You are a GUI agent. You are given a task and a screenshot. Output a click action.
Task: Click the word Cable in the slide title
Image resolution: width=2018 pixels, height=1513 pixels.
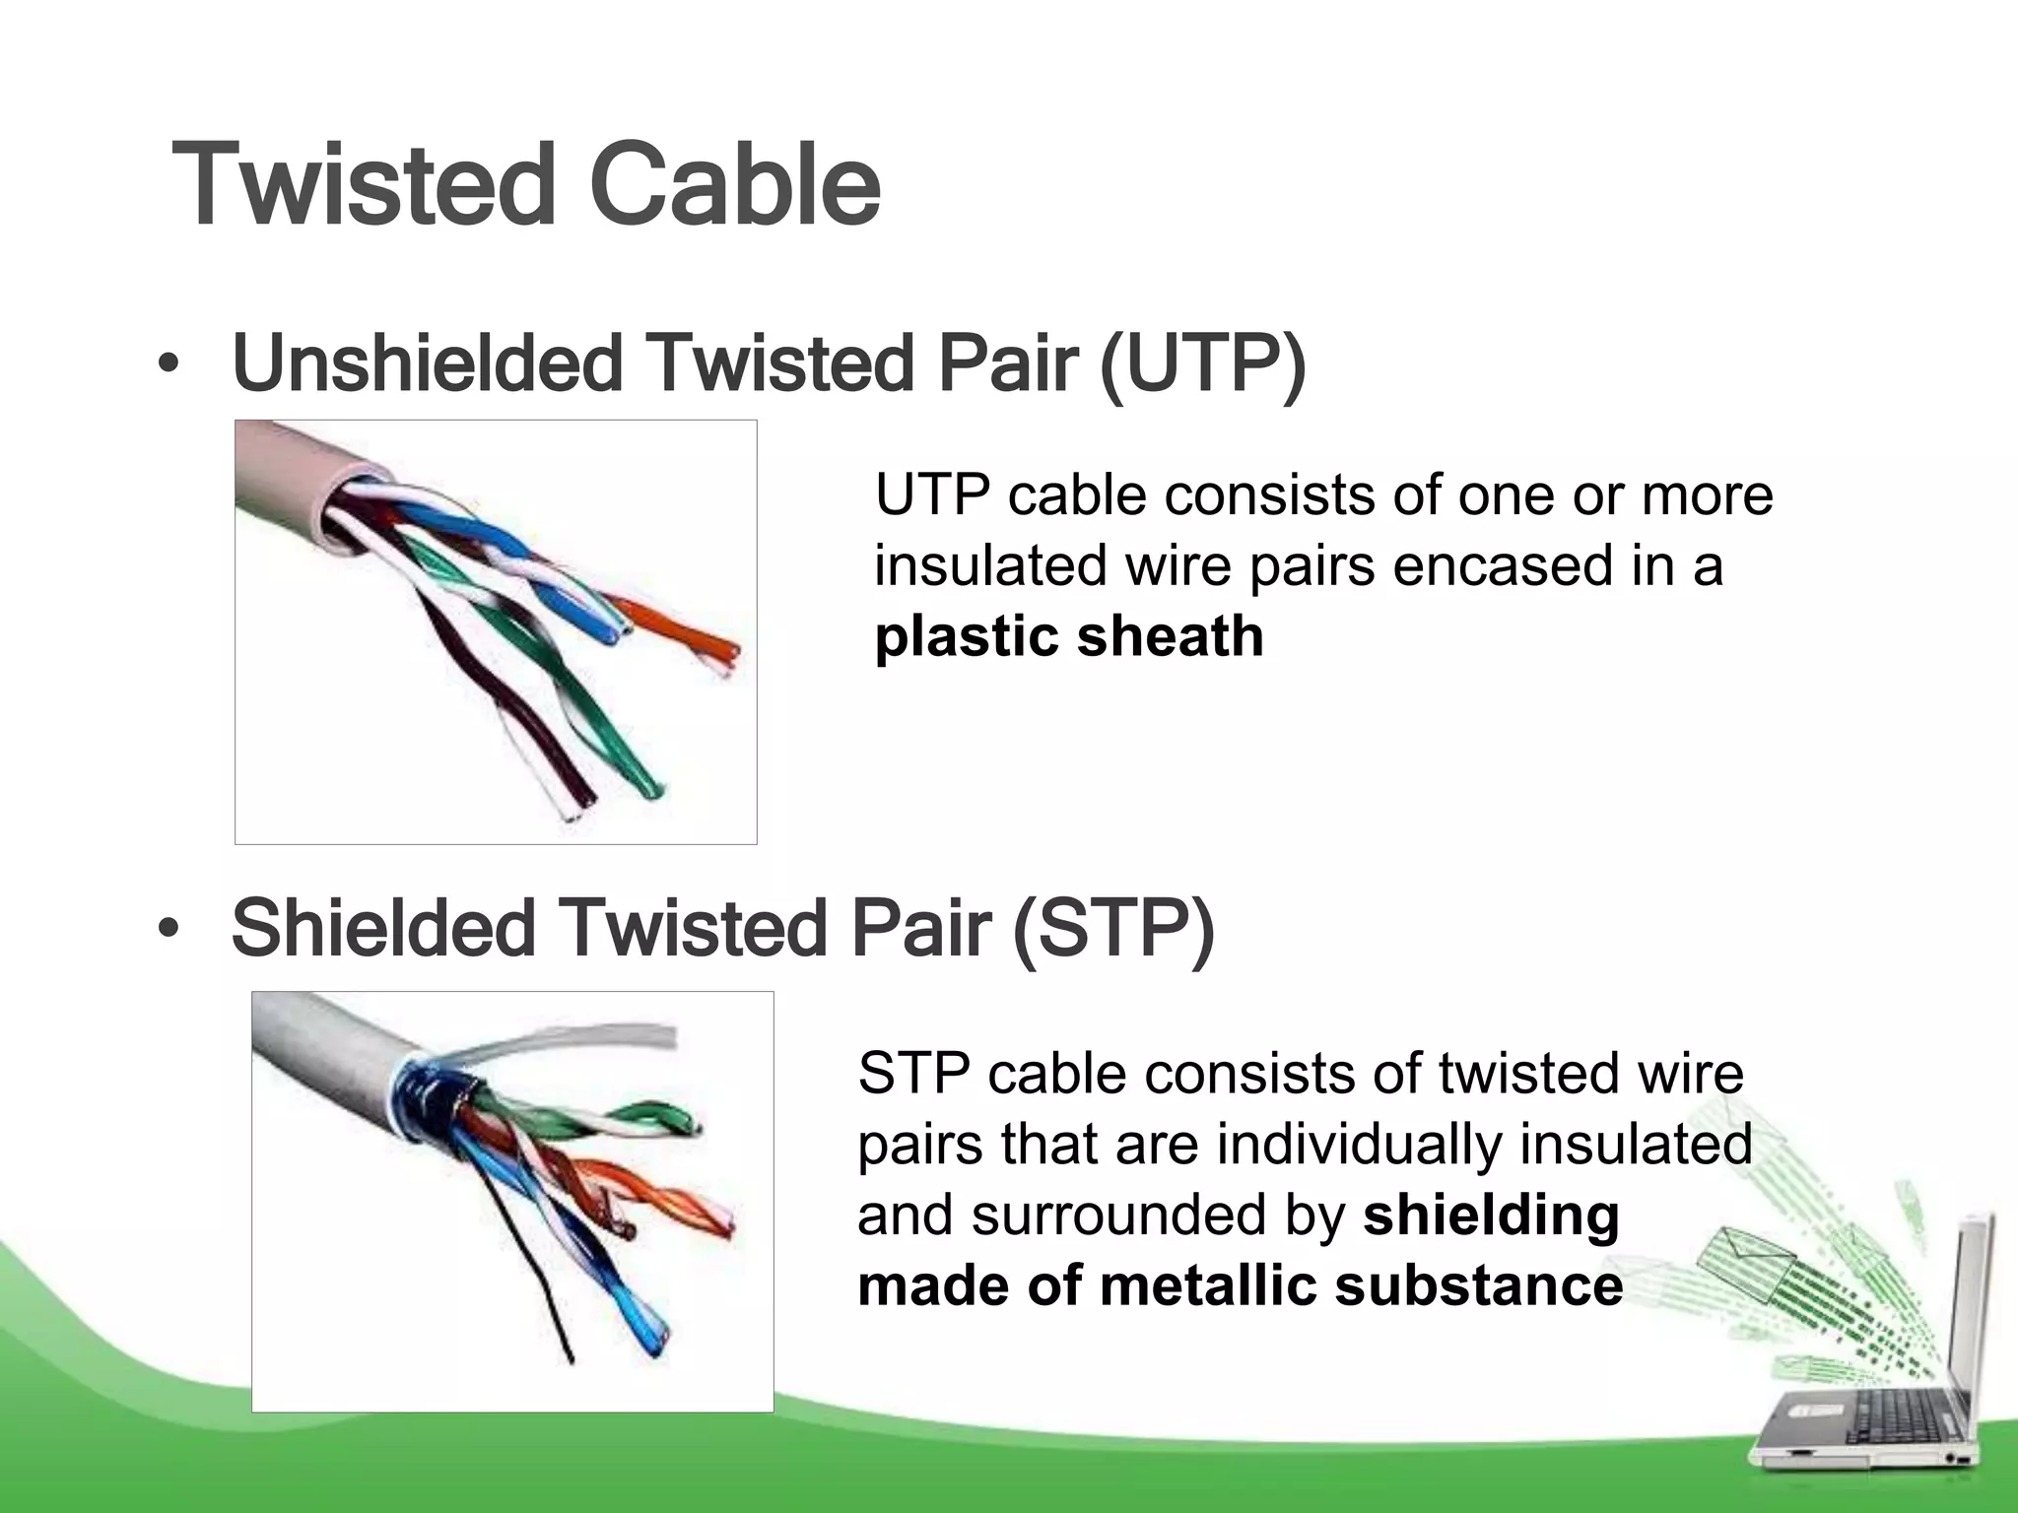[x=734, y=185]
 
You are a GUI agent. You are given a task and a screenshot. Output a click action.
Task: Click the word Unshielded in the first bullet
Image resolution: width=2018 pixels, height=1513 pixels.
[x=427, y=362]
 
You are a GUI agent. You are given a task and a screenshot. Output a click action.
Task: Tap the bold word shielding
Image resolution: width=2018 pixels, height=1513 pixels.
[x=1491, y=1216]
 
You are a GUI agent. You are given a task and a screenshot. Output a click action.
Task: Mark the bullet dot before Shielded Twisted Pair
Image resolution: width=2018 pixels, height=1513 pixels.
[x=168, y=931]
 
